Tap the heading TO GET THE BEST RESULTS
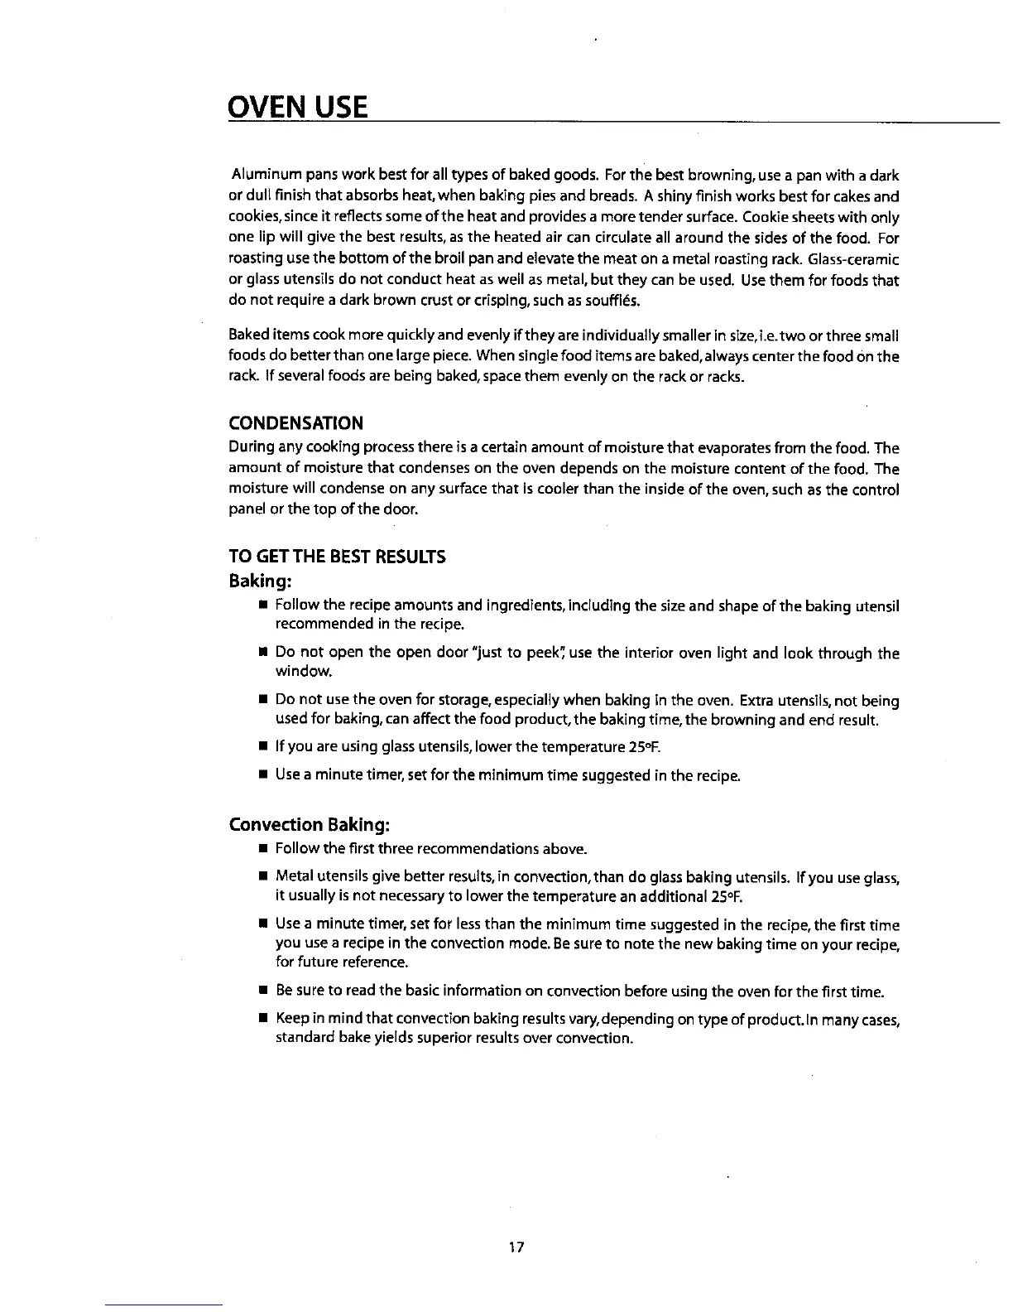click(337, 557)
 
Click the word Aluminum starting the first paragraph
click(266, 176)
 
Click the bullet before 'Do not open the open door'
click(262, 654)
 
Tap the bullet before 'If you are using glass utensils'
click(262, 749)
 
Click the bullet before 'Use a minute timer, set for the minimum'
click(262, 776)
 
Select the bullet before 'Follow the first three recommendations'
click(262, 850)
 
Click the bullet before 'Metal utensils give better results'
click(262, 877)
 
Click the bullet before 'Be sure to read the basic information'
click(262, 991)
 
